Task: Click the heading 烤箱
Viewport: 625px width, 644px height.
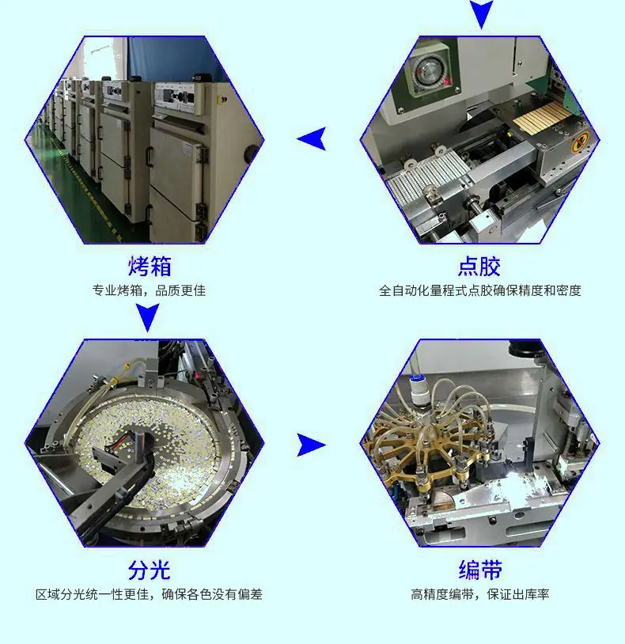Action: (150, 266)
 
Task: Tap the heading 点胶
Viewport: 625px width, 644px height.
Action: (479, 266)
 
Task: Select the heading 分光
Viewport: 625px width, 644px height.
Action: (149, 570)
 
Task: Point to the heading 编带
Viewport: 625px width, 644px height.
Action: (480, 570)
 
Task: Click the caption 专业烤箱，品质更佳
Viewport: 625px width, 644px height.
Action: (149, 291)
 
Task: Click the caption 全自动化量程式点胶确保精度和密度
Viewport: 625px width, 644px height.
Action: (479, 291)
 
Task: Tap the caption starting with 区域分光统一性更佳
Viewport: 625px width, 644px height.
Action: (149, 594)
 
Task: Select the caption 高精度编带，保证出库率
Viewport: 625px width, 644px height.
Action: (479, 594)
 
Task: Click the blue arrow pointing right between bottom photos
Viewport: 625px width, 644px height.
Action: (311, 445)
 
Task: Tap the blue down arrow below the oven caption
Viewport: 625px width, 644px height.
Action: (147, 317)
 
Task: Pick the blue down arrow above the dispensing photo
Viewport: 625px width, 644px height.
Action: (481, 14)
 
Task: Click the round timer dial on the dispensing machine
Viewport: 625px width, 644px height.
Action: (426, 72)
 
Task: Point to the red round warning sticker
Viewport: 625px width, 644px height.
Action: (580, 143)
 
